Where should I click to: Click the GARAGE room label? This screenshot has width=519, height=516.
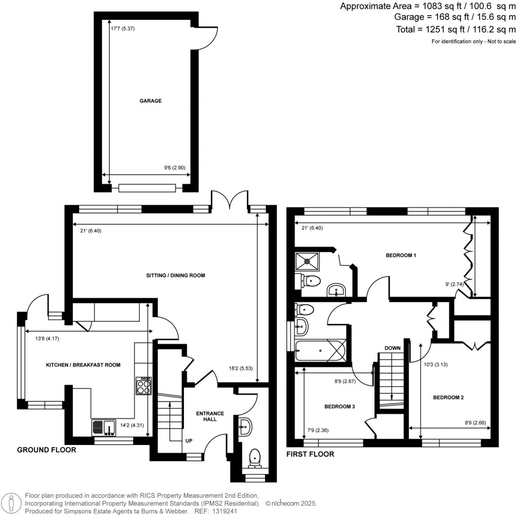tap(151, 101)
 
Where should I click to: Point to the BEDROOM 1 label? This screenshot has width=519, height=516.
tap(401, 255)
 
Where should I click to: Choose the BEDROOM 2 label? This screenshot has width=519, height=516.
tap(448, 398)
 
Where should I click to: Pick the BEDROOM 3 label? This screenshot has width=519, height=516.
tap(340, 407)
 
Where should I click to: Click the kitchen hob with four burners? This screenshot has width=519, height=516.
tap(143, 386)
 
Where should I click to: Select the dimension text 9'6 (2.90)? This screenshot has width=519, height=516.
tap(174, 168)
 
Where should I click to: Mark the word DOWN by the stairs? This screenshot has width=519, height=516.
tap(393, 348)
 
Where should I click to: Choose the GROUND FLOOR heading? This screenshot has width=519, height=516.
tap(47, 450)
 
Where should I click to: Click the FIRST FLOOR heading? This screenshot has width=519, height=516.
tap(310, 454)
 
